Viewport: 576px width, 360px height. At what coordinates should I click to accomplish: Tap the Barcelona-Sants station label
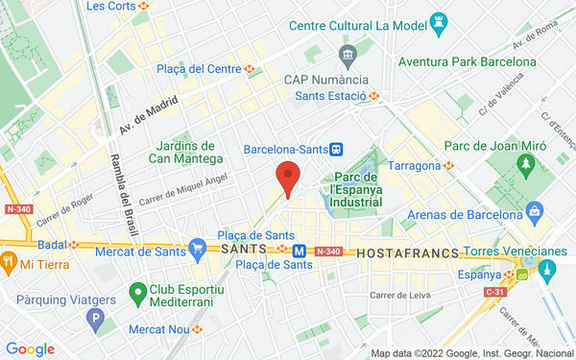pos(285,150)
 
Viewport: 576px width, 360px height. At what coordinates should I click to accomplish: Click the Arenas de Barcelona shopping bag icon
pos(536,210)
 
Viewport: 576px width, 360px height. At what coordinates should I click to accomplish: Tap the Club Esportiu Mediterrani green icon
pos(138,290)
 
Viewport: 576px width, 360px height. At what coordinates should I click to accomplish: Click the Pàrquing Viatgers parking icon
pos(94,319)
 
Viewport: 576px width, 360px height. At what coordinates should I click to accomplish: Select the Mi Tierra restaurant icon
pos(9,262)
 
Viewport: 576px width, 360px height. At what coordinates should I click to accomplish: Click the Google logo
pos(30,349)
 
